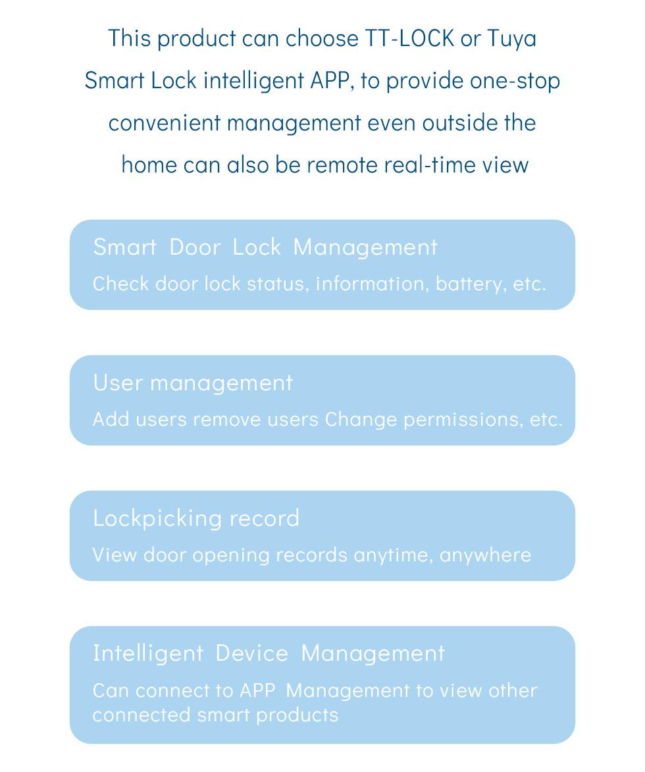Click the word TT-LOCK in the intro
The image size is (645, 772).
point(409,38)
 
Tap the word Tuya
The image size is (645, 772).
point(511,38)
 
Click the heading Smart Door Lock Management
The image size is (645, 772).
point(265,247)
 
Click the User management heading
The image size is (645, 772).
point(193,382)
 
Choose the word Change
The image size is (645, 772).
point(361,419)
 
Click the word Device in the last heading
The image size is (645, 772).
point(251,653)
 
